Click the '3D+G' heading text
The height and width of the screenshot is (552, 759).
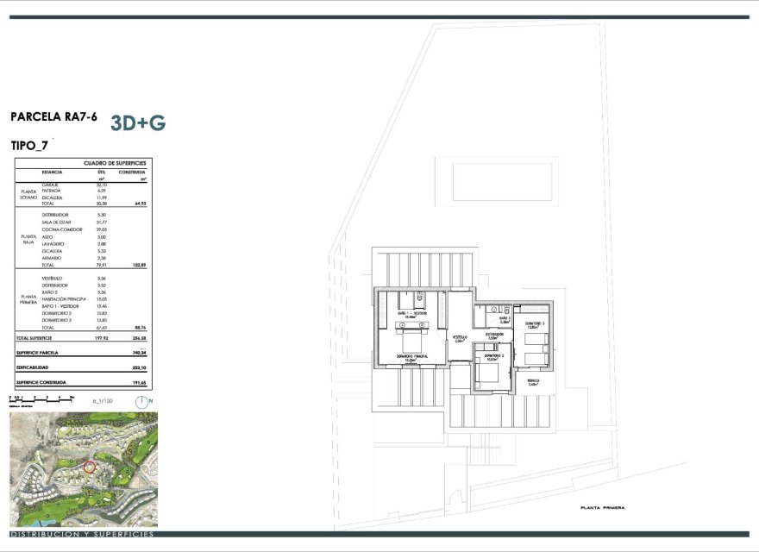pyautogui.click(x=138, y=122)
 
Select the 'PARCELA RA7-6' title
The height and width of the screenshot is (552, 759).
pyautogui.click(x=53, y=116)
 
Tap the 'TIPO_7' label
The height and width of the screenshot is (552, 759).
pyautogui.click(x=29, y=146)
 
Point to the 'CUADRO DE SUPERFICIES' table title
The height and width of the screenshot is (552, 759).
pyautogui.click(x=115, y=163)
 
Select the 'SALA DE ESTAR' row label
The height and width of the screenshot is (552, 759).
pyautogui.click(x=58, y=222)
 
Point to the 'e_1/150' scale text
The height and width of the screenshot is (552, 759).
pyautogui.click(x=103, y=401)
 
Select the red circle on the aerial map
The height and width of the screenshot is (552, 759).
pyautogui.click(x=89, y=467)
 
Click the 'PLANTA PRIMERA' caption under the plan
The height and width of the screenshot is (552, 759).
pyautogui.click(x=602, y=508)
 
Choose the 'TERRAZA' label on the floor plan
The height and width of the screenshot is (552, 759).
pyautogui.click(x=535, y=381)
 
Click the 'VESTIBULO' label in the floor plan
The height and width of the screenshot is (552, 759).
pyautogui.click(x=460, y=337)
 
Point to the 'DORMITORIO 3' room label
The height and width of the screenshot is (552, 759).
pyautogui.click(x=537, y=323)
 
